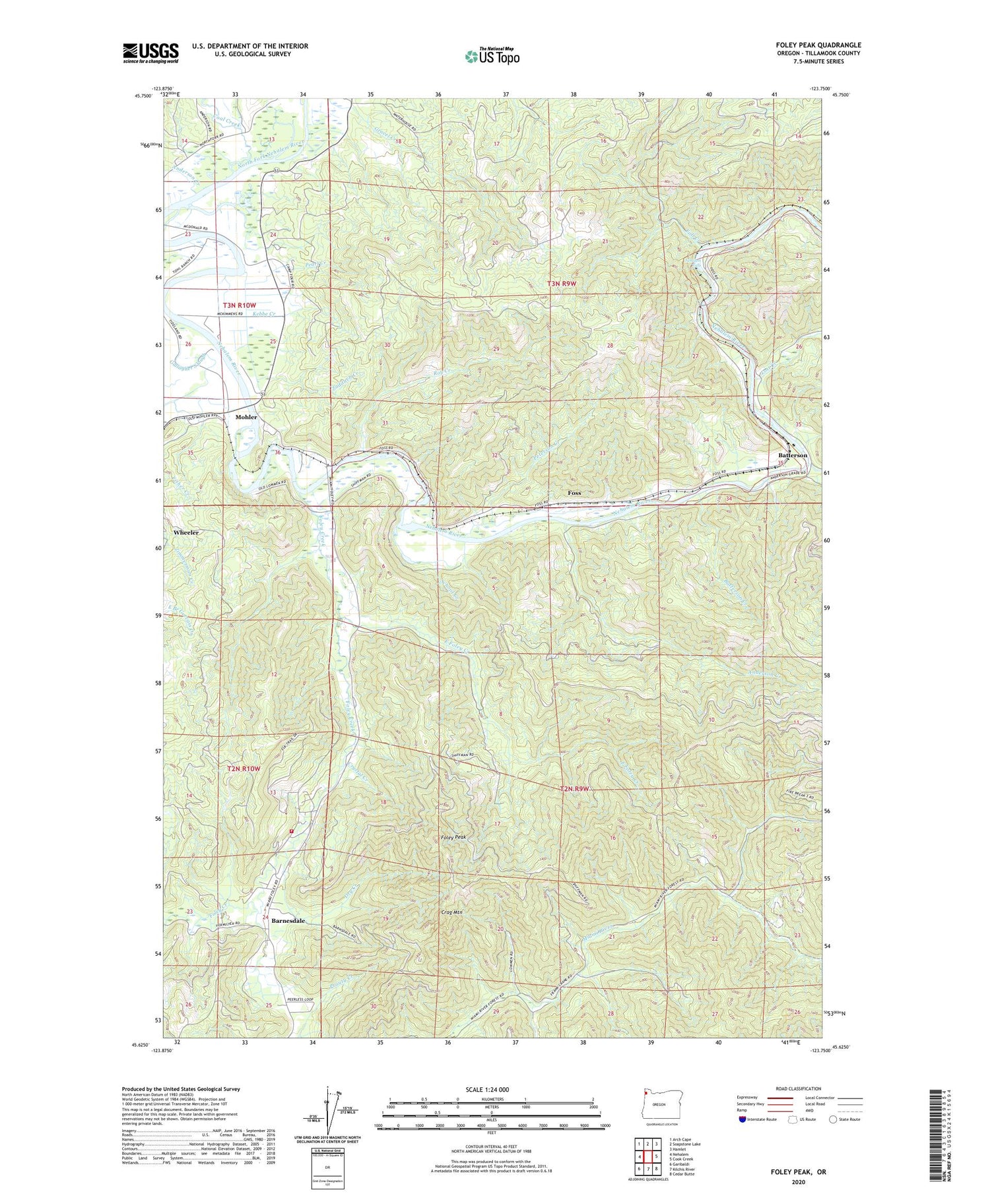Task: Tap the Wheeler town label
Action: (185, 532)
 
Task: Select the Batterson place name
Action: (792, 455)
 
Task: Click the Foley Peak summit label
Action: (453, 837)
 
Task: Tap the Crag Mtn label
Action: (452, 913)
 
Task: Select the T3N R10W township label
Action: (239, 305)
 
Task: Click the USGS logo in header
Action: (150, 52)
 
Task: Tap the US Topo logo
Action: (492, 57)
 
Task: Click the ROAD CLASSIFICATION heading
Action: (799, 1089)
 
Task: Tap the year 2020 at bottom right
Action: (799, 1182)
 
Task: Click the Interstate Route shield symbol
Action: (743, 1119)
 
